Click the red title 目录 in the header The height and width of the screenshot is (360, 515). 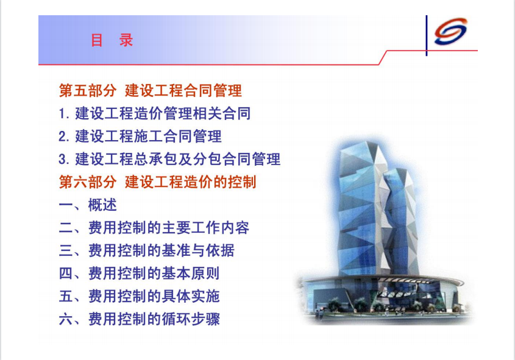(x=112, y=40)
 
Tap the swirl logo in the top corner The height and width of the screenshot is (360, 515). (x=450, y=32)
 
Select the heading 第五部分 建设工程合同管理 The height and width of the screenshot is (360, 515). (x=151, y=91)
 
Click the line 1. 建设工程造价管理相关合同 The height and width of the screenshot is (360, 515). (x=155, y=113)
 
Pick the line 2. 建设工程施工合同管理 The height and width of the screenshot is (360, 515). (x=140, y=136)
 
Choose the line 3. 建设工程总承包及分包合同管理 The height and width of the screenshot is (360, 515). (x=169, y=159)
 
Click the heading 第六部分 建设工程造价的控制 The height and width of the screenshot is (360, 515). (x=157, y=182)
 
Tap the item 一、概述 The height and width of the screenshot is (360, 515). (x=88, y=205)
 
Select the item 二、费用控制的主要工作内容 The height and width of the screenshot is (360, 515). (x=154, y=228)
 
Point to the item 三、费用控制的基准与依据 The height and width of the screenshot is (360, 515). (x=147, y=250)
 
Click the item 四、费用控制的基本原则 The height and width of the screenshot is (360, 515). (x=139, y=274)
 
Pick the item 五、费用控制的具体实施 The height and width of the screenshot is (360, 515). (x=139, y=296)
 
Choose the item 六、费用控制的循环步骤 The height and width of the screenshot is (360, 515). (x=139, y=319)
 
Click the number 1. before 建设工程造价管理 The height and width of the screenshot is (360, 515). (x=64, y=114)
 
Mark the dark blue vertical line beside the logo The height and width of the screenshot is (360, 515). (x=426, y=35)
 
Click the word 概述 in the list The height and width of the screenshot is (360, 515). (x=102, y=205)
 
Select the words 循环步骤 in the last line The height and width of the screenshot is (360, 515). (x=191, y=319)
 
